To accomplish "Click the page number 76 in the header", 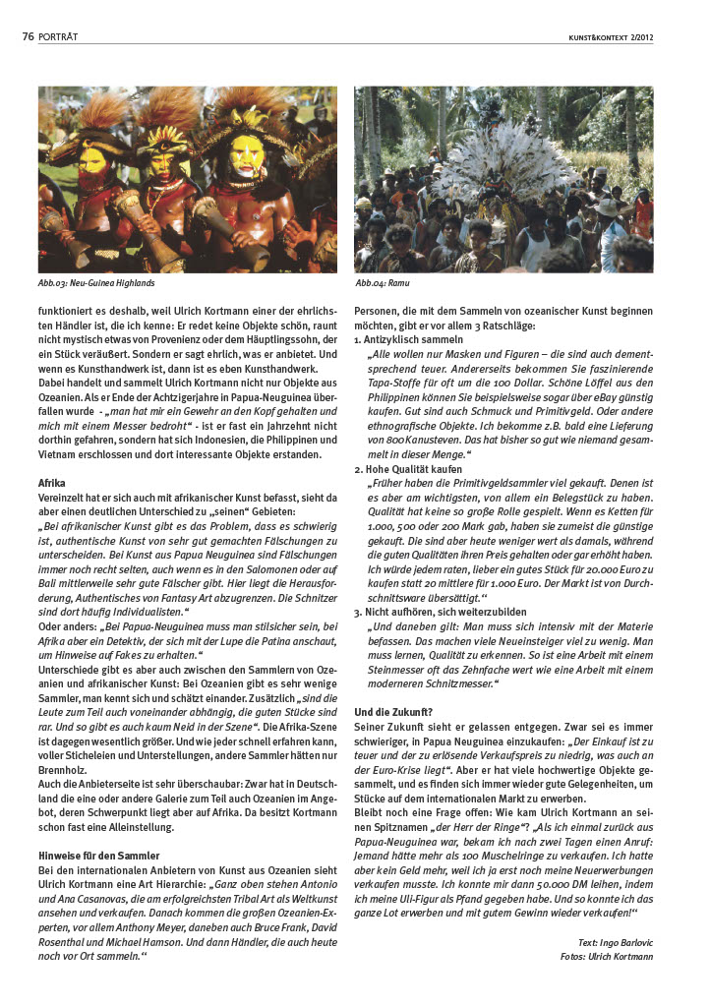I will coord(29,37).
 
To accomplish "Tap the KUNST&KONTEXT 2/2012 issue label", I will coord(611,37).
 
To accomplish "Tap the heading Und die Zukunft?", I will coord(394,711).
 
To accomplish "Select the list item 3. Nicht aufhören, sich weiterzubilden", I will coord(440,612).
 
